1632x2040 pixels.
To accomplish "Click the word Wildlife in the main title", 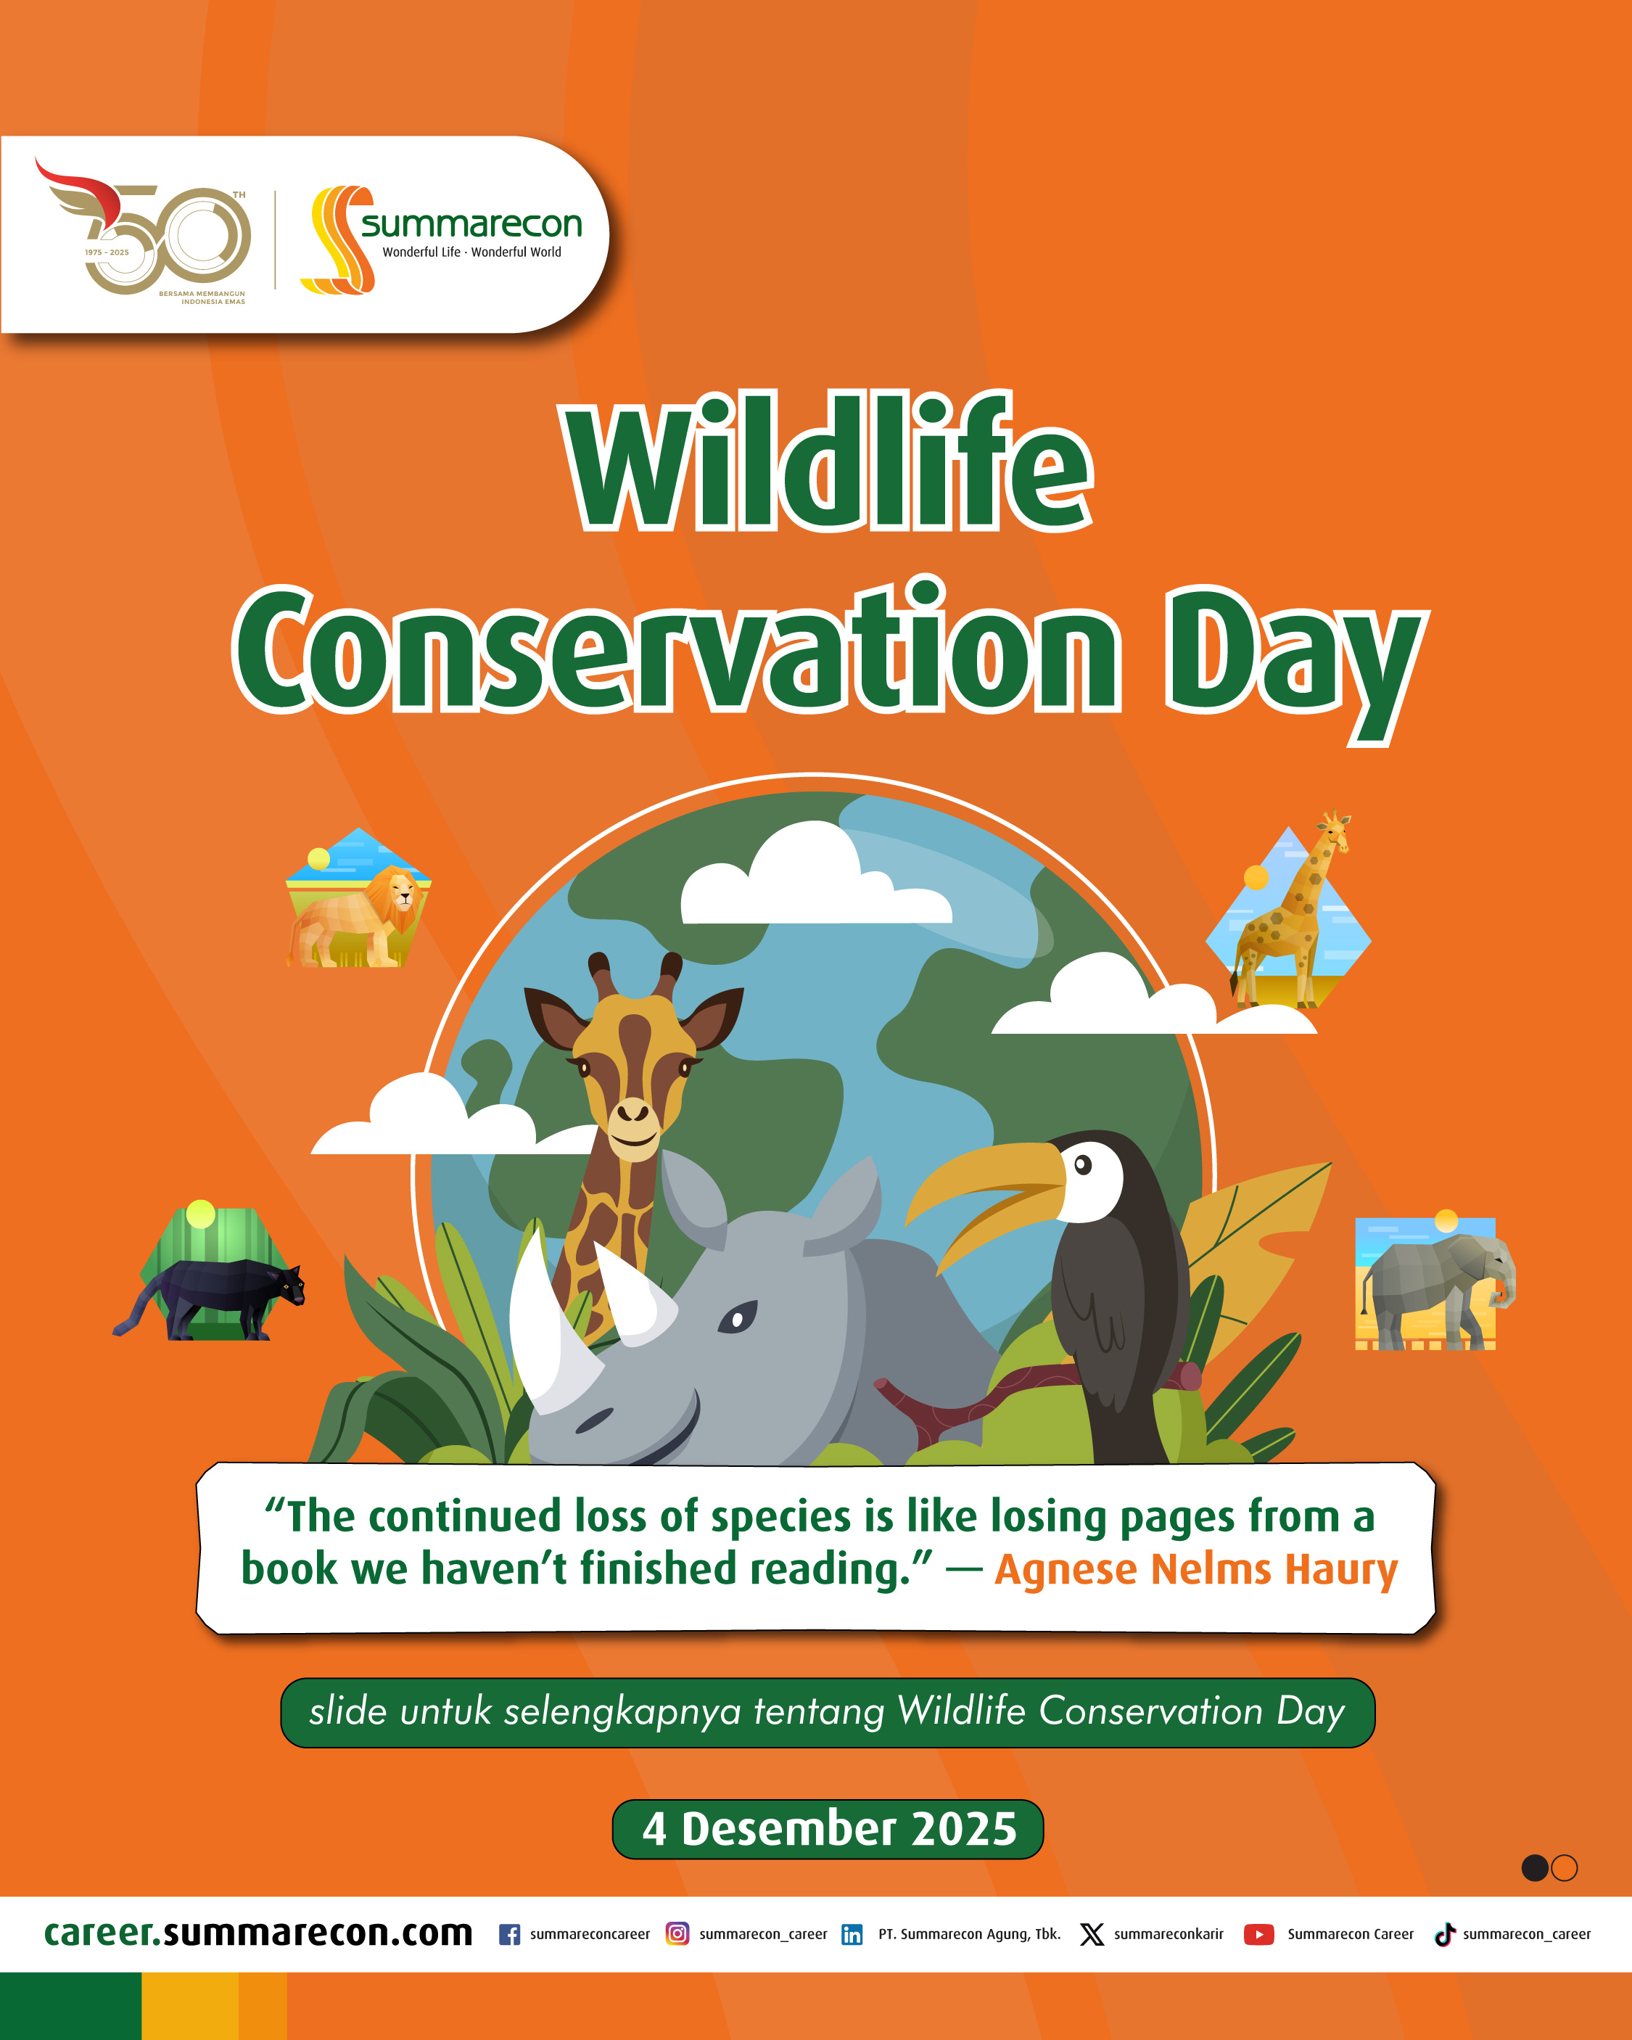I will pos(830,464).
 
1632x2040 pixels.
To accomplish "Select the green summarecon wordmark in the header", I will pos(471,224).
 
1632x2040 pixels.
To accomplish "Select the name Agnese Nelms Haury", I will pos(1196,1568).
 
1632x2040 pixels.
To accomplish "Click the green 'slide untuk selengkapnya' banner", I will pos(827,1711).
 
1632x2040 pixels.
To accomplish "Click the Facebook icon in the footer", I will pos(509,1935).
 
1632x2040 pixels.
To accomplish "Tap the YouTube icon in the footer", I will pos(1258,1935).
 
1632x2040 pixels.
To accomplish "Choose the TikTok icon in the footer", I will pos(1443,1935).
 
